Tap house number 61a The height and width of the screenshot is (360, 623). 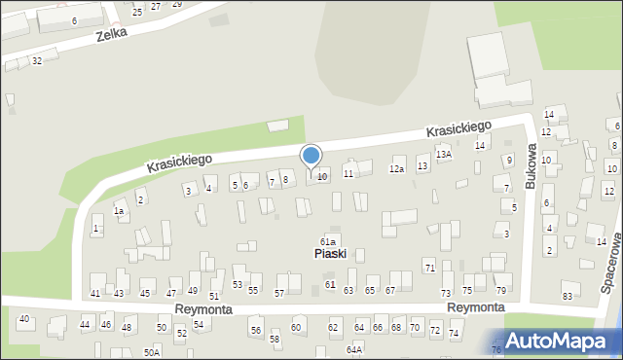[x=329, y=241]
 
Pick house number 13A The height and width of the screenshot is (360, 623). [x=444, y=154]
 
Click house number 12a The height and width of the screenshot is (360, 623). [x=396, y=169]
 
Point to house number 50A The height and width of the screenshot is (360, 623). [x=152, y=352]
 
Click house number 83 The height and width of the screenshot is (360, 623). [x=568, y=296]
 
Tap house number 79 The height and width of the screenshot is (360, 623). [x=501, y=291]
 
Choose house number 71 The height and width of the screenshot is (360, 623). [x=429, y=267]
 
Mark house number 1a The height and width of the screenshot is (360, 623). [x=119, y=210]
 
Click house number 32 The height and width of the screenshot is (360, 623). [x=36, y=60]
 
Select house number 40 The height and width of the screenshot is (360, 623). [x=24, y=319]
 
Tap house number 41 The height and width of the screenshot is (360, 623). [x=95, y=293]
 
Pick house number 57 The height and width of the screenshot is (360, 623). [x=279, y=293]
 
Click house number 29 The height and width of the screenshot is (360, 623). [x=176, y=4]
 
